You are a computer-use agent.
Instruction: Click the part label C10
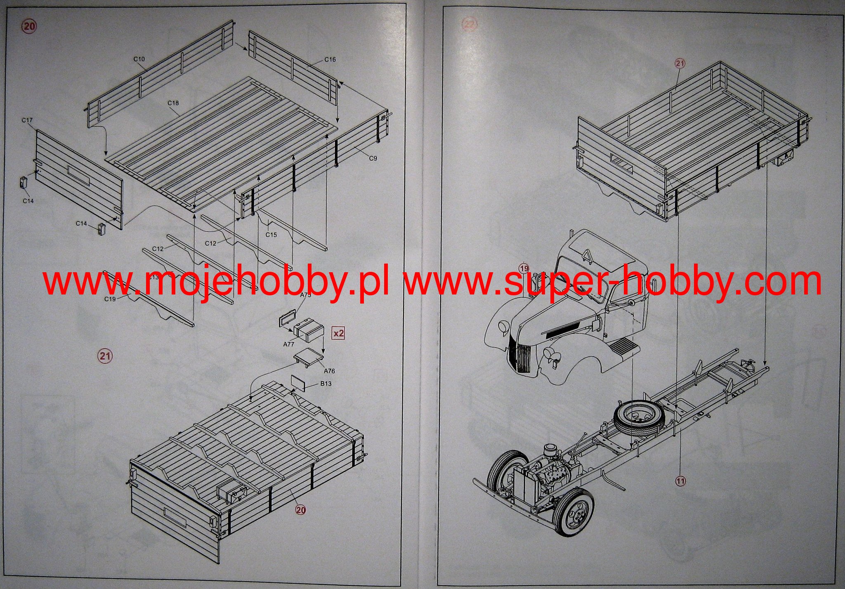[x=139, y=59]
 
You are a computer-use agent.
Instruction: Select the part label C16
[x=330, y=60]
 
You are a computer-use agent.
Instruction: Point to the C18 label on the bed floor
[x=173, y=103]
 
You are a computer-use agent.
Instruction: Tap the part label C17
[x=27, y=120]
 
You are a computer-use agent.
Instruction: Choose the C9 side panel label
[x=373, y=158]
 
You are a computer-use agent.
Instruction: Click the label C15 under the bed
[x=271, y=235]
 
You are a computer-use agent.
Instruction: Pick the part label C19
[x=110, y=299]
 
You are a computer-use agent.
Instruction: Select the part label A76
[x=329, y=371]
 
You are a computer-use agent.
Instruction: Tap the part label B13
[x=326, y=384]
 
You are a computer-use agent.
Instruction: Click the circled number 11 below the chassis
[x=680, y=481]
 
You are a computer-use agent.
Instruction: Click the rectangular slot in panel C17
[x=78, y=174]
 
